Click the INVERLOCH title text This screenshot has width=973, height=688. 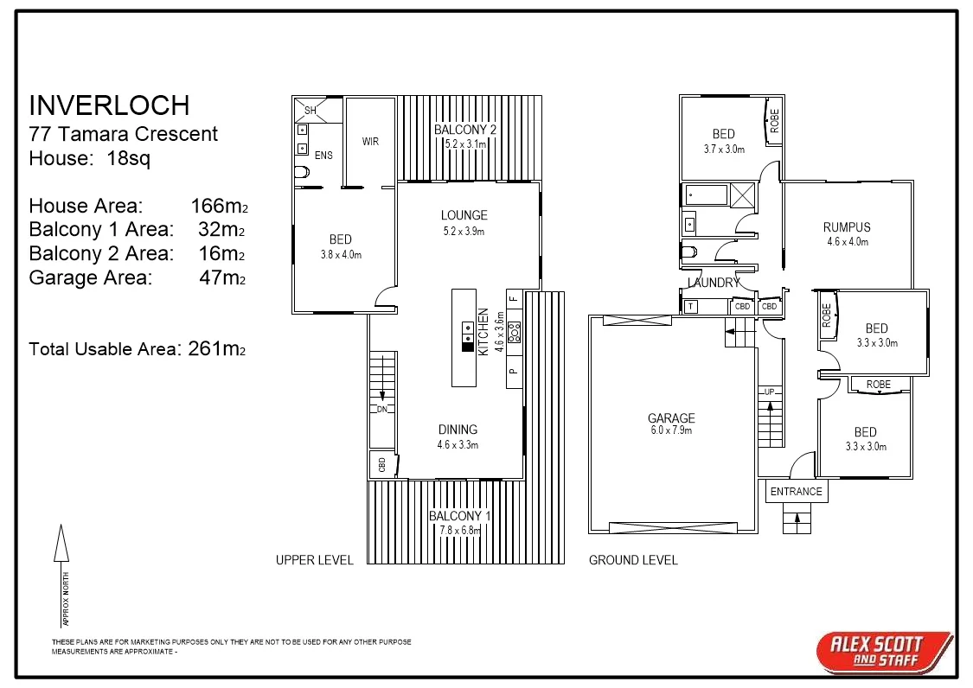pos(109,105)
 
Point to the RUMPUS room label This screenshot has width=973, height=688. pos(847,227)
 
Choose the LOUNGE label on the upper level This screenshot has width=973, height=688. pos(464,215)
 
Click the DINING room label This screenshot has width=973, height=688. pos(458,430)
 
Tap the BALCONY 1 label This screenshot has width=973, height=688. pos(459,516)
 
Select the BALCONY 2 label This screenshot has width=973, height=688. pos(465,130)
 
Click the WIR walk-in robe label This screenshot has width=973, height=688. pos(370,142)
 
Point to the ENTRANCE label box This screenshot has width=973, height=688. pos(796,491)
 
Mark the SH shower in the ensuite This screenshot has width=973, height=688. pos(308,110)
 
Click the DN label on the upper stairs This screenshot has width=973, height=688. pos(381,409)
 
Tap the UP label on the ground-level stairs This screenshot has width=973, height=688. pos(769,392)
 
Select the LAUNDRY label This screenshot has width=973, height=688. pos(714,283)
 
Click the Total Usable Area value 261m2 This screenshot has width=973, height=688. pos(216,349)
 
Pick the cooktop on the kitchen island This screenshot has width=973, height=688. pos(467,333)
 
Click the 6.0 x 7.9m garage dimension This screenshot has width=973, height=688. pos(671,430)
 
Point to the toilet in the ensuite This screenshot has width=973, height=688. pos(302,172)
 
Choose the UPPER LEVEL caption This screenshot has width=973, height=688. pos(314,560)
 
